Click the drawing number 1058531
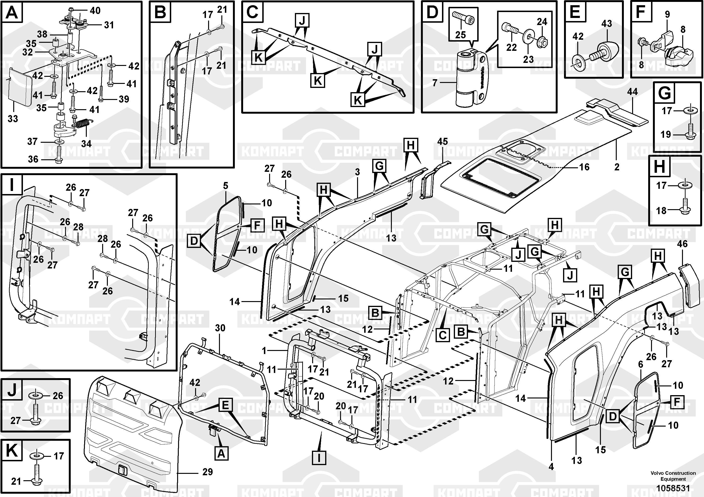click(x=673, y=488)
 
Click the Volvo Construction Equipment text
click(x=673, y=476)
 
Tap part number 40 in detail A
click(x=95, y=11)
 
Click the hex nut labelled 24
click(x=542, y=42)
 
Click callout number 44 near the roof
click(x=632, y=92)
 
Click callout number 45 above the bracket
click(x=442, y=142)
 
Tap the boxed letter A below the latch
click(x=221, y=453)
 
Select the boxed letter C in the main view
click(x=442, y=335)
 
